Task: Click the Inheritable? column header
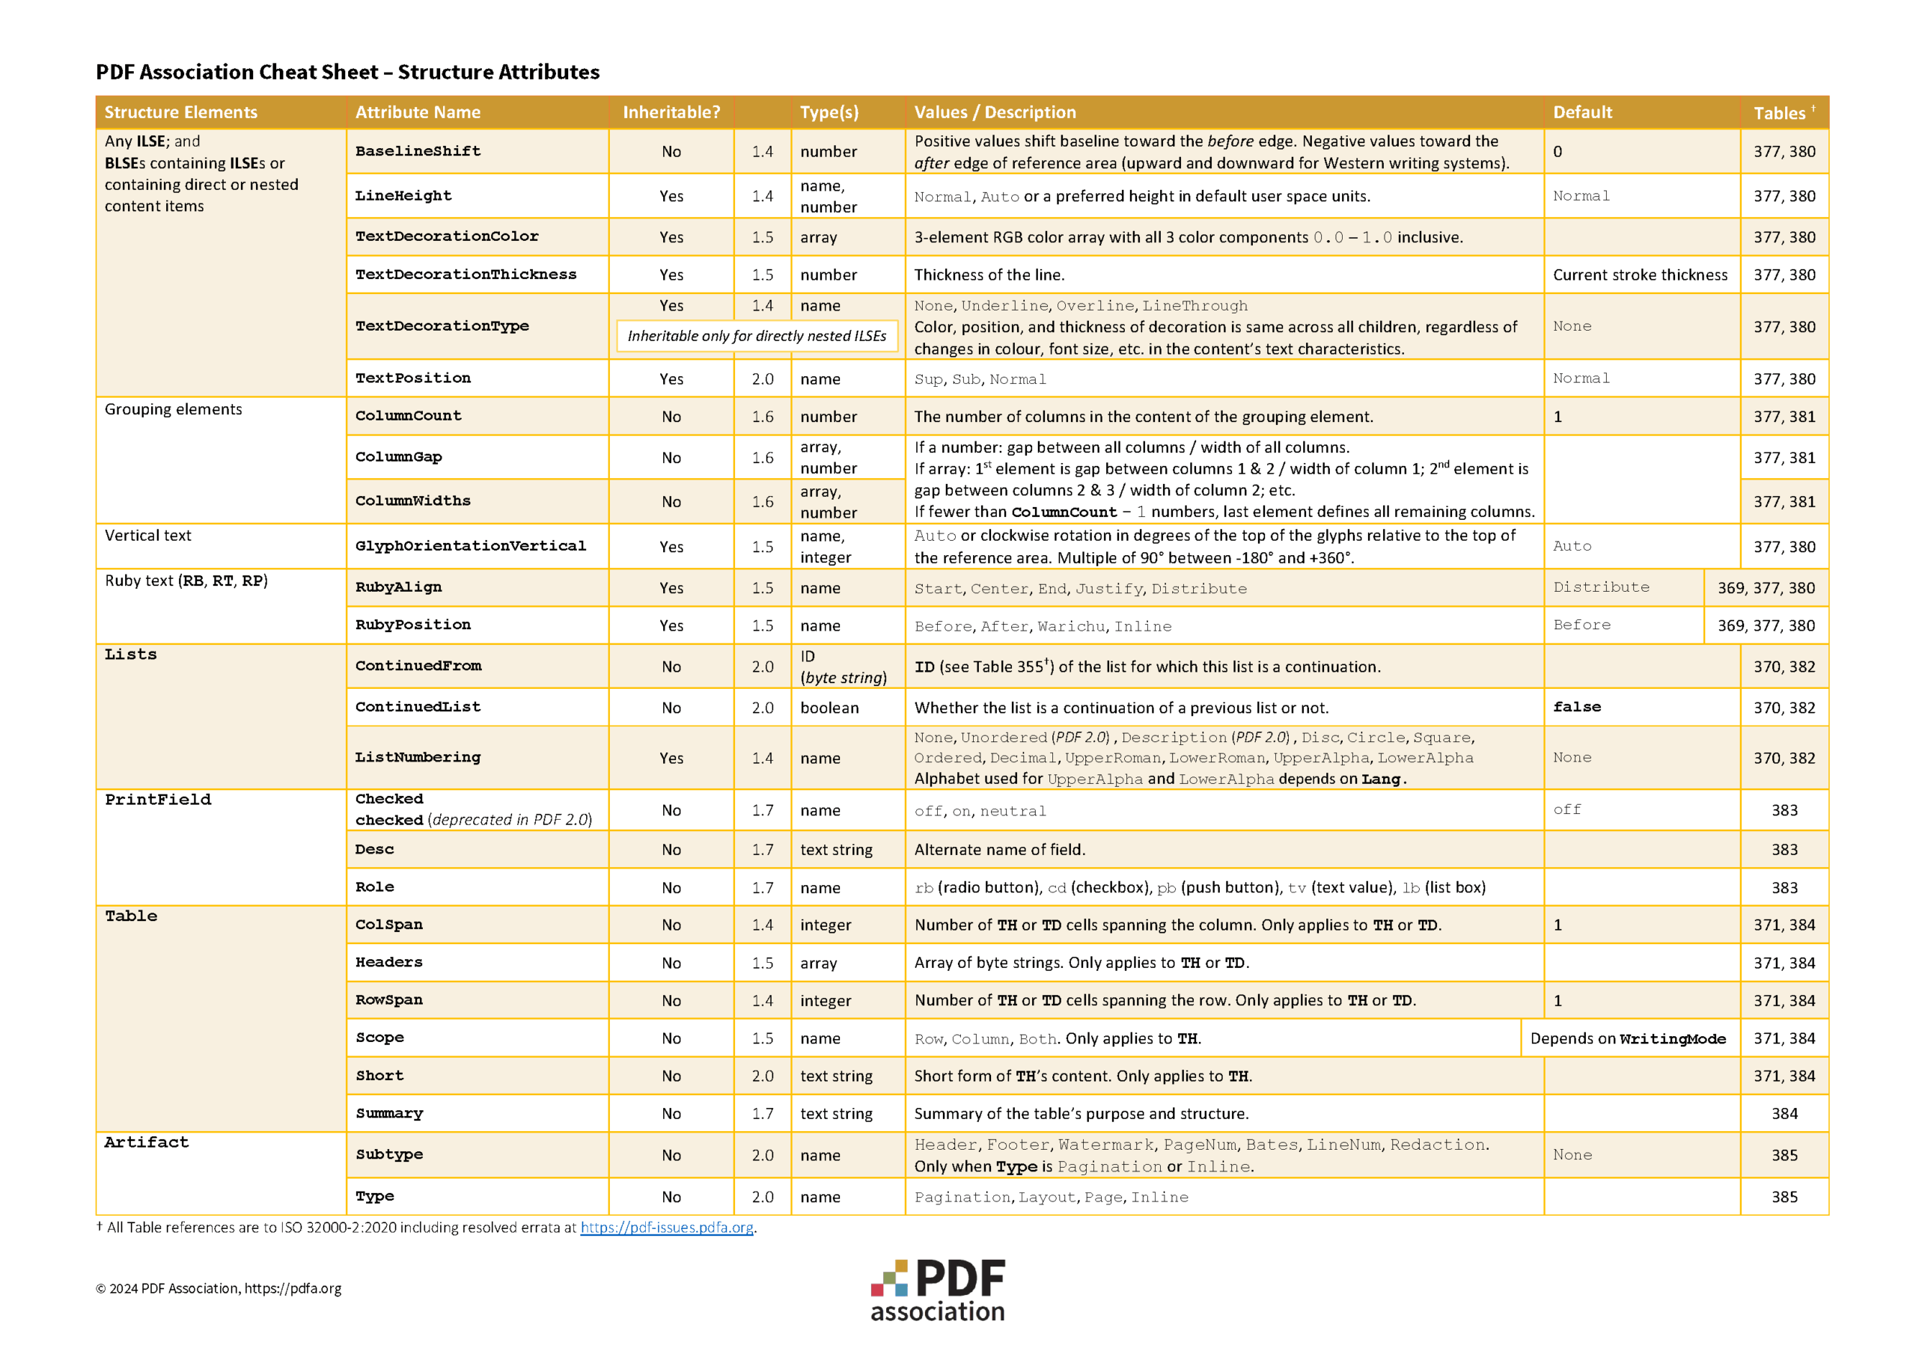[671, 111]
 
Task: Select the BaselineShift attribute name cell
[418, 151]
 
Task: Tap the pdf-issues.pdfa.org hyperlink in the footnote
[667, 1227]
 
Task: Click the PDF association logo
[937, 1290]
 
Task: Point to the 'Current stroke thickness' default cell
[1640, 275]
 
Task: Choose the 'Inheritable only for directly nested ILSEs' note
[756, 335]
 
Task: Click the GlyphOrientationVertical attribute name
[471, 545]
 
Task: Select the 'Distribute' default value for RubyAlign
[1601, 587]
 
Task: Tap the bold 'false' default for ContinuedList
[1576, 707]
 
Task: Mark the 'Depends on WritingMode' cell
[1627, 1038]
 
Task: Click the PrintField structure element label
[158, 799]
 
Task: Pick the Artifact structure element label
[147, 1142]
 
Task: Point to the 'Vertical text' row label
[147, 536]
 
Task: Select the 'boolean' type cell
[829, 708]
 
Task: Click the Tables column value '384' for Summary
[1784, 1113]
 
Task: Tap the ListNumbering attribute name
[418, 758]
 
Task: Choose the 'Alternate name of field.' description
[1000, 849]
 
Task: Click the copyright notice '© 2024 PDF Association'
[219, 1288]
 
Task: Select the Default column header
[1582, 111]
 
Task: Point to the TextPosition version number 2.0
[762, 379]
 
